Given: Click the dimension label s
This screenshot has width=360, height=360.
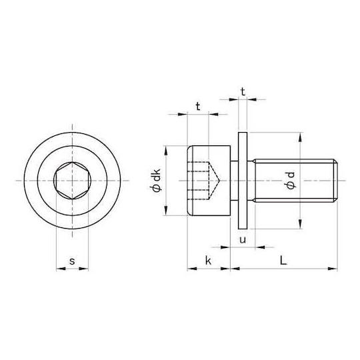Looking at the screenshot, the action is (x=72, y=261).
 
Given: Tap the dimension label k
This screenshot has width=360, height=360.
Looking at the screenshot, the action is (x=208, y=261).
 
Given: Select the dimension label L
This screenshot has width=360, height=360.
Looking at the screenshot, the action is (x=283, y=261).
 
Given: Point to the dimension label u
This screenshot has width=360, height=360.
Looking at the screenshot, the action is (x=243, y=240).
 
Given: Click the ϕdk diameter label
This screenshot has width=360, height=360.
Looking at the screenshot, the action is (x=156, y=180).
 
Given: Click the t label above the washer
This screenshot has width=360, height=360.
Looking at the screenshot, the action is (x=243, y=92).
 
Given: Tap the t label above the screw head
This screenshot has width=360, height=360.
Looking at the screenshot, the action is (x=198, y=106).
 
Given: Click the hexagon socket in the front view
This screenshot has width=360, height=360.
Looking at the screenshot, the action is (x=72, y=181).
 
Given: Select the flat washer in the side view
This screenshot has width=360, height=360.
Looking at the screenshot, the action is (x=243, y=181).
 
